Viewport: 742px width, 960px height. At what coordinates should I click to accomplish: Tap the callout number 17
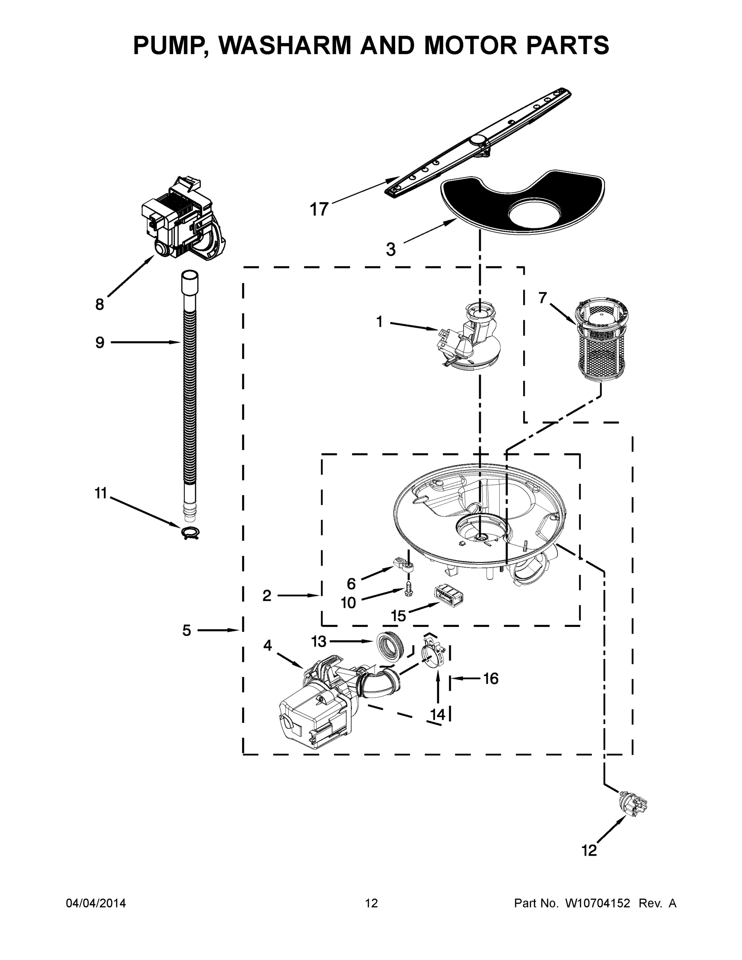(319, 209)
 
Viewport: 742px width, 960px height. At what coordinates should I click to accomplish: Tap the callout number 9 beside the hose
(100, 342)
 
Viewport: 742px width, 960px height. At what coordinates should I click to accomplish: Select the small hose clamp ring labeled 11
(190, 533)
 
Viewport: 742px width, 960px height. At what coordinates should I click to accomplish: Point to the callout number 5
(187, 631)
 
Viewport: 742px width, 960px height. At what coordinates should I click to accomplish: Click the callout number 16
(490, 679)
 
